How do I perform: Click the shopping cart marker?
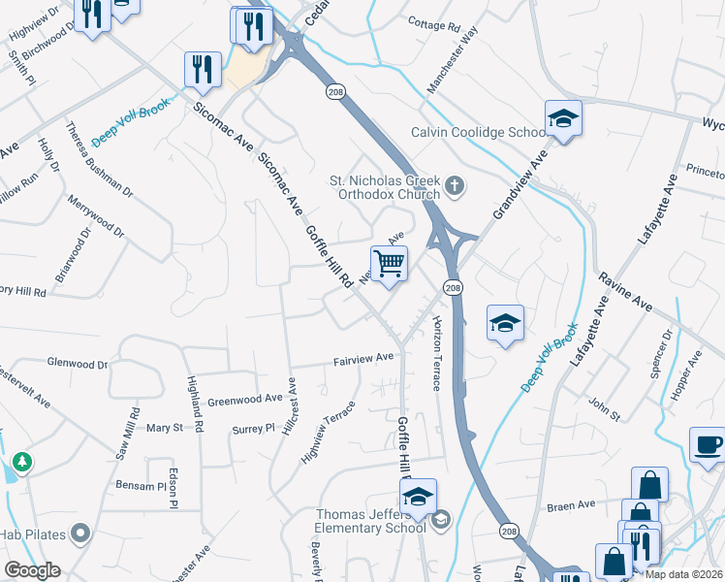(x=389, y=263)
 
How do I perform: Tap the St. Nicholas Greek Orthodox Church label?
(x=385, y=186)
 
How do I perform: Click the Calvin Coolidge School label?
(x=478, y=133)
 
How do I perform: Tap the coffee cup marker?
(x=708, y=444)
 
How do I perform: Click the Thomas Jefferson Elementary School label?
(x=370, y=521)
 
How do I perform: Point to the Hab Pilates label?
(x=45, y=533)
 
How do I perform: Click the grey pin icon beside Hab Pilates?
(x=80, y=533)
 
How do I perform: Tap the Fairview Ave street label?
(x=363, y=357)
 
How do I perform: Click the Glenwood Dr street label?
(x=78, y=364)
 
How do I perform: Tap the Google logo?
(x=32, y=570)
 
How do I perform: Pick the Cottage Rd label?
(x=432, y=22)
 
